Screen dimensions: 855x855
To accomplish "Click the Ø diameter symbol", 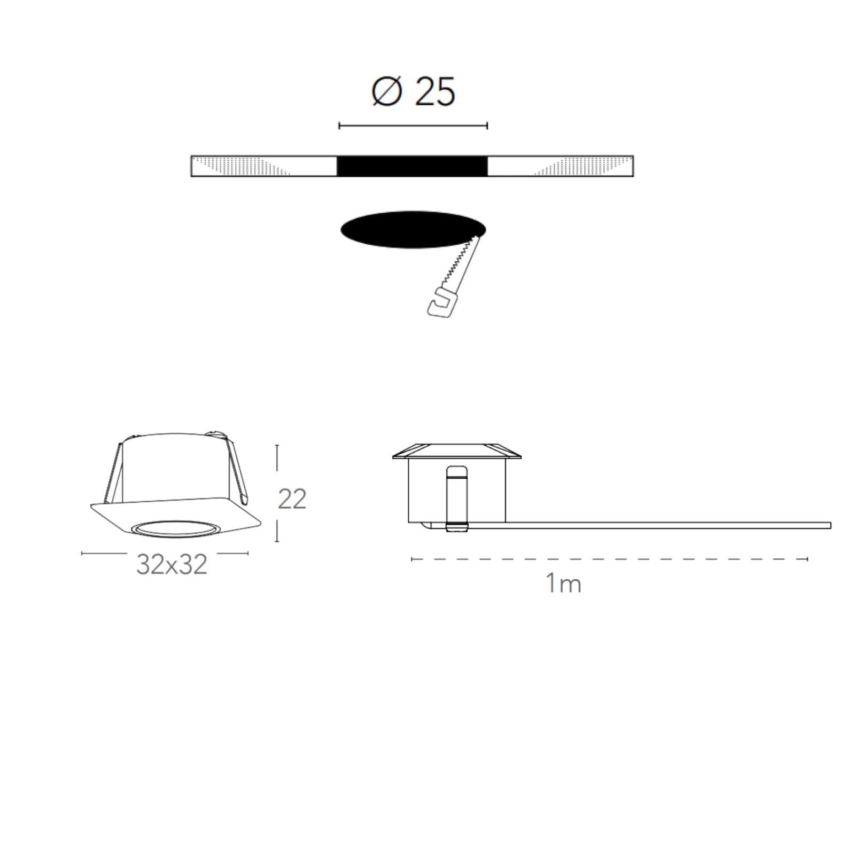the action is pyautogui.click(x=386, y=91).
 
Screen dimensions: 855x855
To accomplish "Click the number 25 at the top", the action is pyautogui.click(x=436, y=91).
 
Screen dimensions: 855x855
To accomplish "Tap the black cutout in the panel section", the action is pyautogui.click(x=412, y=166).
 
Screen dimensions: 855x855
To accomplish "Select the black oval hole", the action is pyautogui.click(x=413, y=229).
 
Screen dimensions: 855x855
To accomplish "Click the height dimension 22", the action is pyautogui.click(x=292, y=499).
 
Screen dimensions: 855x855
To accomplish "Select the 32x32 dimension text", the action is pyautogui.click(x=172, y=564).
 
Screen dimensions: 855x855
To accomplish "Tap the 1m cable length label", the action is pyautogui.click(x=563, y=583).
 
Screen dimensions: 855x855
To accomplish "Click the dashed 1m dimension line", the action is pyautogui.click(x=610, y=559).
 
